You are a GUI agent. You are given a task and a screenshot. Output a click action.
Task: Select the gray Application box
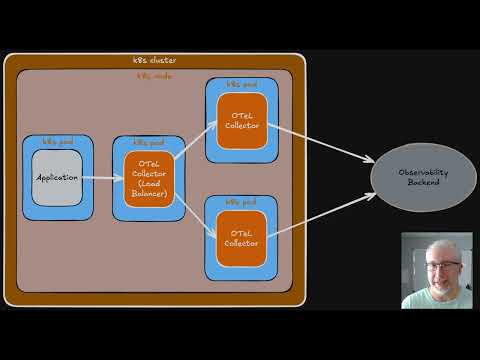56,178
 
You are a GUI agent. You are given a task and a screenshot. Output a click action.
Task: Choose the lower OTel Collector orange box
241,238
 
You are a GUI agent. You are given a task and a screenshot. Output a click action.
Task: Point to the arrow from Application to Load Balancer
101,178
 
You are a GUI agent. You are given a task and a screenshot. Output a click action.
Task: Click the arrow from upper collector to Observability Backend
320,140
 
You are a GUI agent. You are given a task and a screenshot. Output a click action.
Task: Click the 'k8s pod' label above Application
56,142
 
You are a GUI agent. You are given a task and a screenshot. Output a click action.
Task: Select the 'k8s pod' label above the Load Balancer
148,142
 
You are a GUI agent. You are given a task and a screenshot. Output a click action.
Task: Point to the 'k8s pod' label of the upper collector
241,84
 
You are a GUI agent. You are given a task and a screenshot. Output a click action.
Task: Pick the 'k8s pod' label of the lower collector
241,201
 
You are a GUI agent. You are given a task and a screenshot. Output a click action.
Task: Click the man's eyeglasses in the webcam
447,265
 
